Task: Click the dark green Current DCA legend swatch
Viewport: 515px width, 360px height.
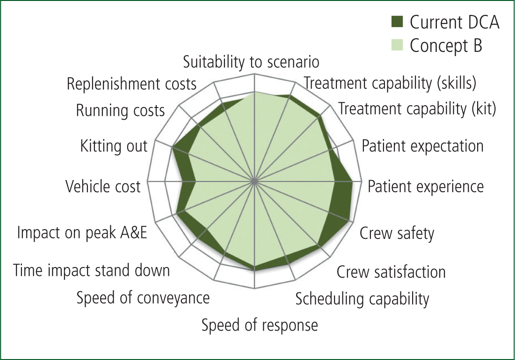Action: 397,22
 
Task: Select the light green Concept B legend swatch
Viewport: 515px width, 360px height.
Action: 397,45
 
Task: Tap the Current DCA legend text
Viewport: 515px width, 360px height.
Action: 455,22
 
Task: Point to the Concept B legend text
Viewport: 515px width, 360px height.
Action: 446,46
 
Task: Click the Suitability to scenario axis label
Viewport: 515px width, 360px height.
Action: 251,62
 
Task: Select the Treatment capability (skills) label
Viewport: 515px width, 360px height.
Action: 390,83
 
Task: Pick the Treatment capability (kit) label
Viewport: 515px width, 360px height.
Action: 417,108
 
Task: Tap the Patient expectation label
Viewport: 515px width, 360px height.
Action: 422,146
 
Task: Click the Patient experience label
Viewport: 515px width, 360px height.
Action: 425,187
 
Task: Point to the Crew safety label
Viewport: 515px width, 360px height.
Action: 397,233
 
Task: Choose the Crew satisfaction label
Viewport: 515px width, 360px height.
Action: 391,272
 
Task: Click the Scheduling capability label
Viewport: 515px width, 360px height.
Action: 362,299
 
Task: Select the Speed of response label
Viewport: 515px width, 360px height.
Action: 260,325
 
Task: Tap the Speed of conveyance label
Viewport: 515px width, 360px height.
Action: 143,298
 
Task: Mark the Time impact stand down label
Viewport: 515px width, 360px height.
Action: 91,271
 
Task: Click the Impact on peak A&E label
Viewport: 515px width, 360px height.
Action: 82,232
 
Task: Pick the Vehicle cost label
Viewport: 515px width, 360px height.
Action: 103,187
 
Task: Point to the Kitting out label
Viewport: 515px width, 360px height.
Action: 114,146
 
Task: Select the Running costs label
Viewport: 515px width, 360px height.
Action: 120,111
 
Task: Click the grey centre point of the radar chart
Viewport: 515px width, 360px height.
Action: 254,181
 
